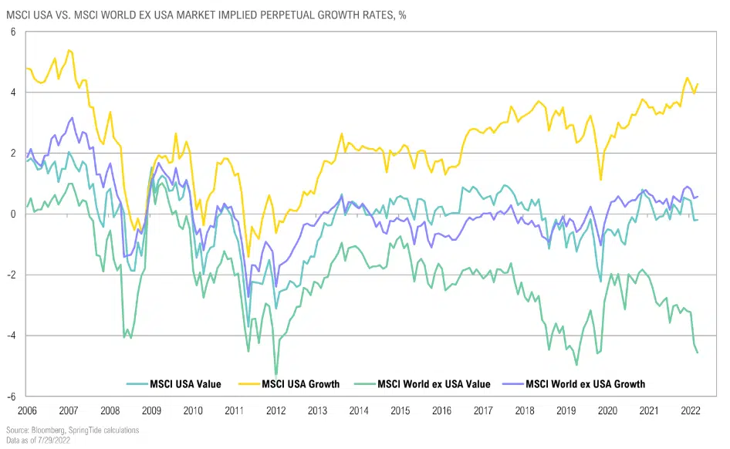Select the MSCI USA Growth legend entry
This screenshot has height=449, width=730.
[300, 383]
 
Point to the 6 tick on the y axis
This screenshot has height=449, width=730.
[13, 32]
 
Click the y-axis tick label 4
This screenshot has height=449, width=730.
[13, 93]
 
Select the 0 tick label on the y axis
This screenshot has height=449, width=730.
[13, 214]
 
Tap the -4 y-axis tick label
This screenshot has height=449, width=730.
[12, 336]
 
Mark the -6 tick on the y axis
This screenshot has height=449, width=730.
[12, 396]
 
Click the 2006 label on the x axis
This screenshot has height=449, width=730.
[26, 410]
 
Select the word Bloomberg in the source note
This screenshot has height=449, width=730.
[42, 430]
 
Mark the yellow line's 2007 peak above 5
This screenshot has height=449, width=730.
[69, 50]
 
